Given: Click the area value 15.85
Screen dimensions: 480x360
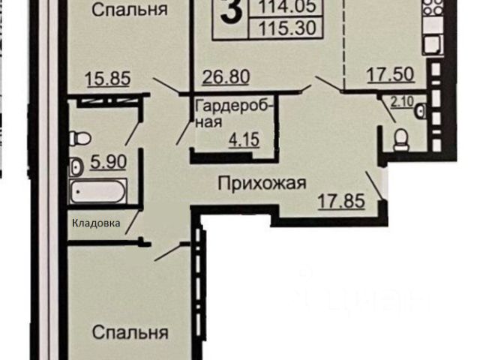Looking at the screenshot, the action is pos(108,78).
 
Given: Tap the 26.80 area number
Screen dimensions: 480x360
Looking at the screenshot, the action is pos(226,76).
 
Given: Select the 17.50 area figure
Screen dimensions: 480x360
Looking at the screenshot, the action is pos(391,74).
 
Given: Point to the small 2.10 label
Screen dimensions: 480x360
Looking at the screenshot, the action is pos(402,101).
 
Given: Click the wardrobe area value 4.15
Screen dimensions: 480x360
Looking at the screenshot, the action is pos(244,140).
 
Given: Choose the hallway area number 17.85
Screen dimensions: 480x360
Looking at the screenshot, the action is pos(341,201).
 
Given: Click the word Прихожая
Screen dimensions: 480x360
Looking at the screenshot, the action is pos(262,183).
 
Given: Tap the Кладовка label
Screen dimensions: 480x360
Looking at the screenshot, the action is pos(96,223).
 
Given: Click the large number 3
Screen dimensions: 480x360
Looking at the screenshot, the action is pos(231,10).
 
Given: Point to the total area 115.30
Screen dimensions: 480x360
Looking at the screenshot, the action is pos(286,28).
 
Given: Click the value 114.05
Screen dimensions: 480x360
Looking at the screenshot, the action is pos(286,7).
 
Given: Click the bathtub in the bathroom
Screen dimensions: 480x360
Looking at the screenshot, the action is pos(98,192).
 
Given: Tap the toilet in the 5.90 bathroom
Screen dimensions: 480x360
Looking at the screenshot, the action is pos(79,139).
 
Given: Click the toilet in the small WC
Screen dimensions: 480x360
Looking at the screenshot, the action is pos(402,140).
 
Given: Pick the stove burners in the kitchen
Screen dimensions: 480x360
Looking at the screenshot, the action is pos(433,8).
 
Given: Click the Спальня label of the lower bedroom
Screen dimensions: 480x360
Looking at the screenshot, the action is pos(130,332).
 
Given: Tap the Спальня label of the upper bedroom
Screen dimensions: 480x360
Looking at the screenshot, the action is pos(130,10).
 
